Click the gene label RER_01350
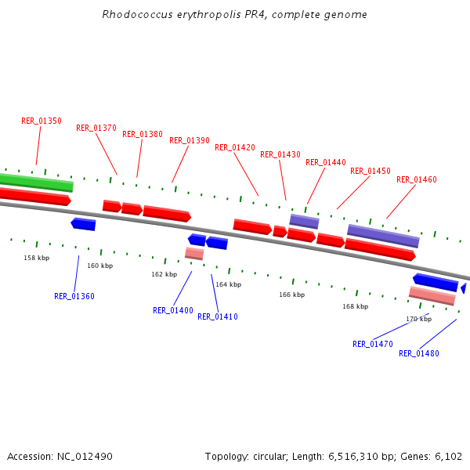pos(41,121)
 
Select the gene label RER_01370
pos(96,128)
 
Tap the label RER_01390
pos(189,140)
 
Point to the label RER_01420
pos(234,147)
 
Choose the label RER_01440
pos(325,162)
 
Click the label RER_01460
pos(416,179)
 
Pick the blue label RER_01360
pos(74,296)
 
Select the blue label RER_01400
pos(172,310)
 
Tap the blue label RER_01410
pos(217,316)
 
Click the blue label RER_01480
pos(418,353)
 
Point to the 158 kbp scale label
pos(36,258)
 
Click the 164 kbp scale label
pos(228,284)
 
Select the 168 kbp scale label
pos(355,306)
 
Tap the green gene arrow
pos(36,183)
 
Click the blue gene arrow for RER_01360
pos(83,224)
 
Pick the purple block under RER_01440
pos(304,221)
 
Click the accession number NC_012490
pos(84,456)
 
